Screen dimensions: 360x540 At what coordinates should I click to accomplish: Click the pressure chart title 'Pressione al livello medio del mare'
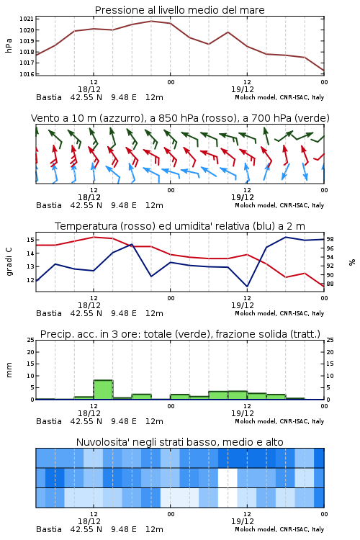[179, 10]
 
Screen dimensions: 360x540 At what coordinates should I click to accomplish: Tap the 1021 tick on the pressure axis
[27, 19]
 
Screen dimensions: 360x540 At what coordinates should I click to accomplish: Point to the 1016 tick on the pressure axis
[27, 73]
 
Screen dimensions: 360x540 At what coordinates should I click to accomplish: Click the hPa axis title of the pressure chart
[9, 45]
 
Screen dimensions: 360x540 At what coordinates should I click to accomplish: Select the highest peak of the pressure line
[151, 21]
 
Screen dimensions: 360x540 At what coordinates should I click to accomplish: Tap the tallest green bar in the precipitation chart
[103, 390]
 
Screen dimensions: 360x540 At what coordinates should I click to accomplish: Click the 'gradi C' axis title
[9, 261]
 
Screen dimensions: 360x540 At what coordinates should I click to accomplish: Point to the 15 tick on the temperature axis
[30, 239]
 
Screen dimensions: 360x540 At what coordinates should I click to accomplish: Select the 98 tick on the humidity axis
[330, 239]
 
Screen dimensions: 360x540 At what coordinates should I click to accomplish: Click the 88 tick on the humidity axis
[330, 284]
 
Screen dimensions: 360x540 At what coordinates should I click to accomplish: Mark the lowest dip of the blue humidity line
[247, 286]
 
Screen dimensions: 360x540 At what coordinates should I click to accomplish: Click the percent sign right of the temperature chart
[352, 262]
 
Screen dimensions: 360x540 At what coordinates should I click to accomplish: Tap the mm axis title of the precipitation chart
[9, 369]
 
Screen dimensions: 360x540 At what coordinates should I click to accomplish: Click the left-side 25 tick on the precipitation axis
[31, 340]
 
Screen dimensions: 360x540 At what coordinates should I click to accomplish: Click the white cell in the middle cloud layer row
[228, 477]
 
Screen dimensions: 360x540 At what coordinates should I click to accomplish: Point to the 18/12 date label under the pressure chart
[89, 89]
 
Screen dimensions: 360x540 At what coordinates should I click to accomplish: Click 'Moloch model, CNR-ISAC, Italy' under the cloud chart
[279, 529]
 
